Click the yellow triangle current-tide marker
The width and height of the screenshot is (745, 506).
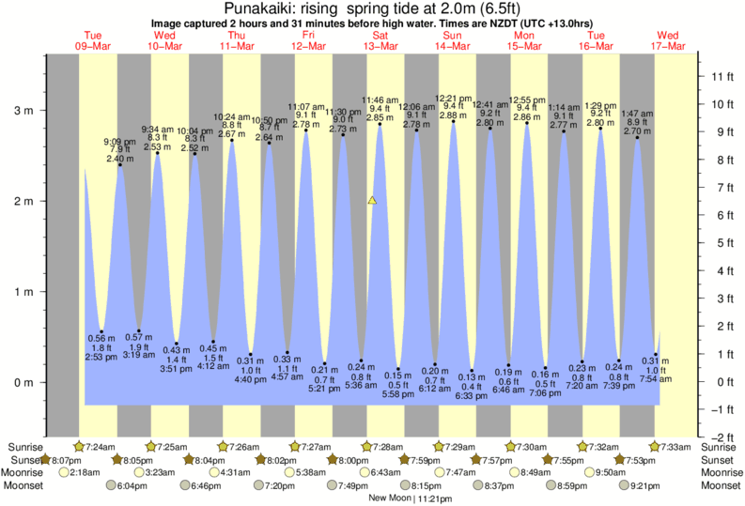click(x=373, y=200)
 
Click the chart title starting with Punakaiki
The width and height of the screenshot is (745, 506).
click(x=372, y=9)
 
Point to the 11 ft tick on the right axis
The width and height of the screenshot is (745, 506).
click(x=722, y=75)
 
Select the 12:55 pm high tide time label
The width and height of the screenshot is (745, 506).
click(x=527, y=100)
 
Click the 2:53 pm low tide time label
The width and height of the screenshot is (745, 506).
click(x=101, y=358)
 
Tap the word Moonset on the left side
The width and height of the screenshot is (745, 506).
click(x=23, y=485)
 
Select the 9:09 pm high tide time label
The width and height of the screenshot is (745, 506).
click(x=119, y=142)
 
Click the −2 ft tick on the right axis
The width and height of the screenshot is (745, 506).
click(x=722, y=437)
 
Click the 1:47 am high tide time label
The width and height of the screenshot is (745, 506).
click(x=638, y=113)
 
